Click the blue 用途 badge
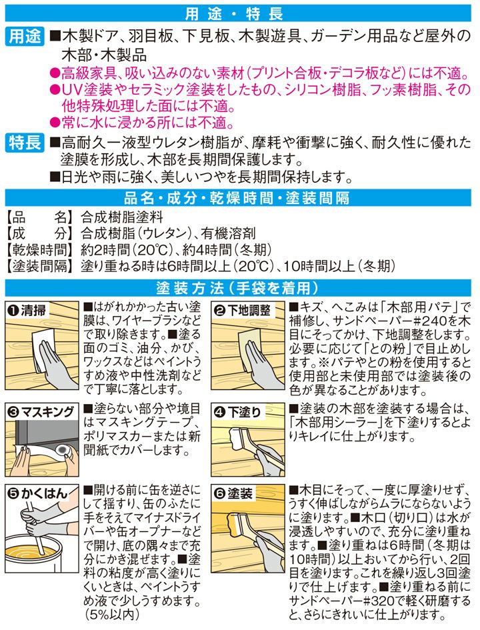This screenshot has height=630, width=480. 25,37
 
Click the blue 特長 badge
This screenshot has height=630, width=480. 25,143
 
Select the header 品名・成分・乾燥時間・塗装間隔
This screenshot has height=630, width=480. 237,198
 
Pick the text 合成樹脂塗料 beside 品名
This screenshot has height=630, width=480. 122,217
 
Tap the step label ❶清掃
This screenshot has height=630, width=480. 27,311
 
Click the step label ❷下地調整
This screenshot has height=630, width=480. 242,311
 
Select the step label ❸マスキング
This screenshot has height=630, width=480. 41,412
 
